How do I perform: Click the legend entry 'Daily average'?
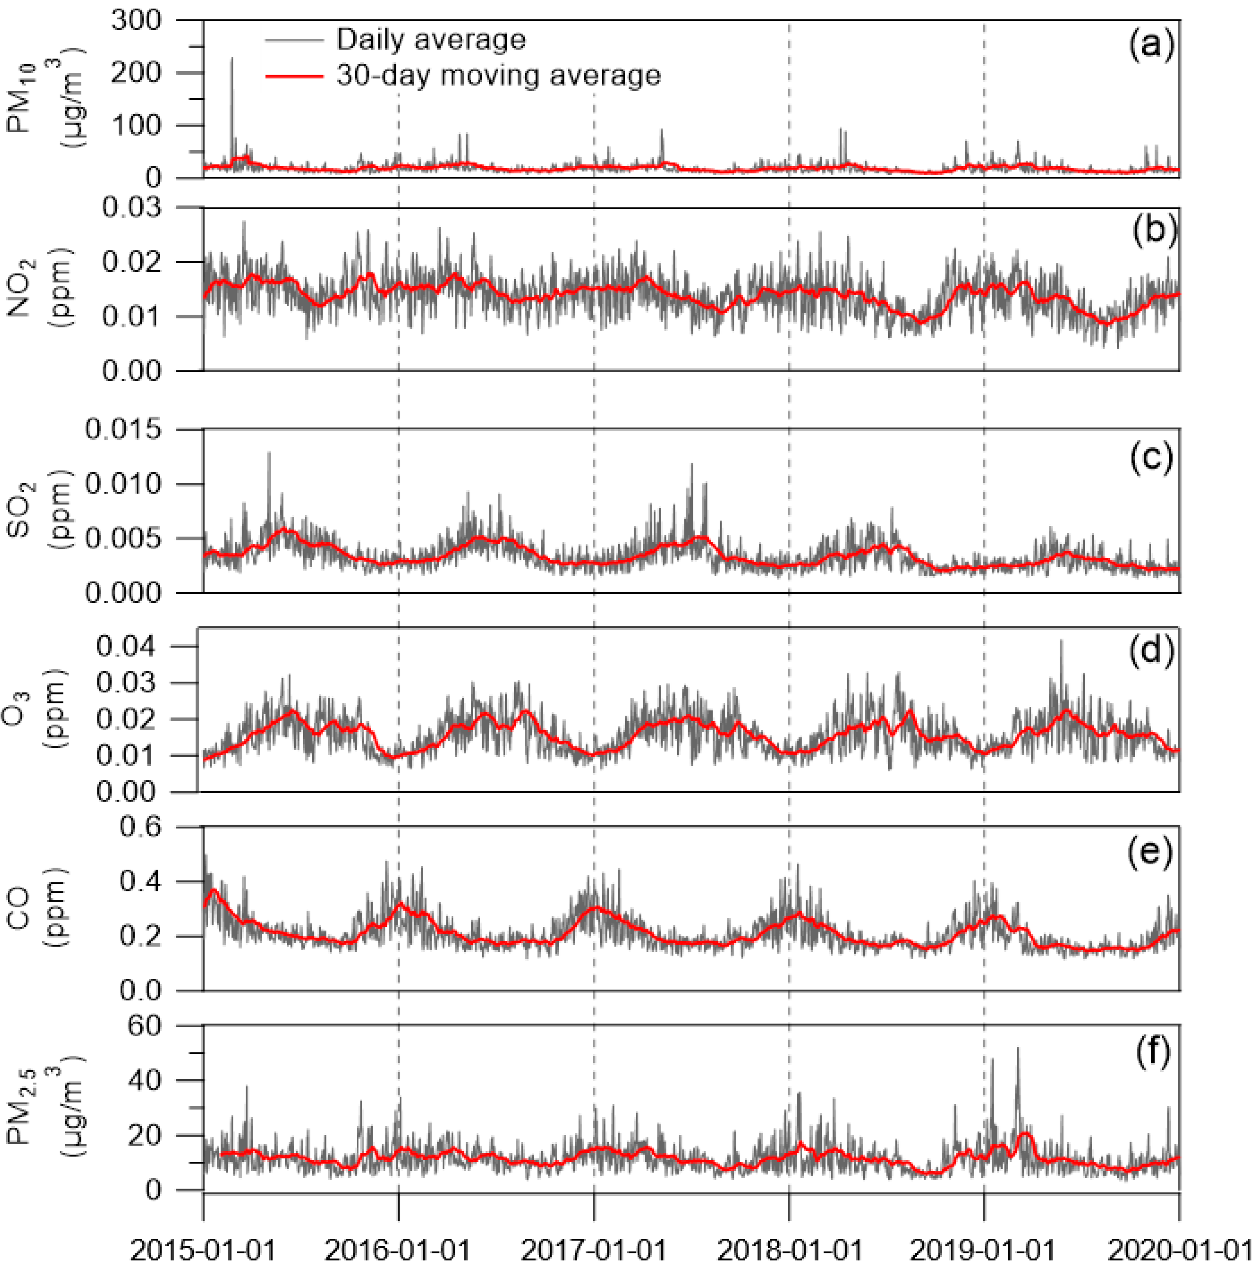430,40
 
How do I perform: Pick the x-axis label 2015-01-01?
203,1250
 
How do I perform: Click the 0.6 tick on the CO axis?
139,827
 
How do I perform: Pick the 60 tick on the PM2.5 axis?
144,1027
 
